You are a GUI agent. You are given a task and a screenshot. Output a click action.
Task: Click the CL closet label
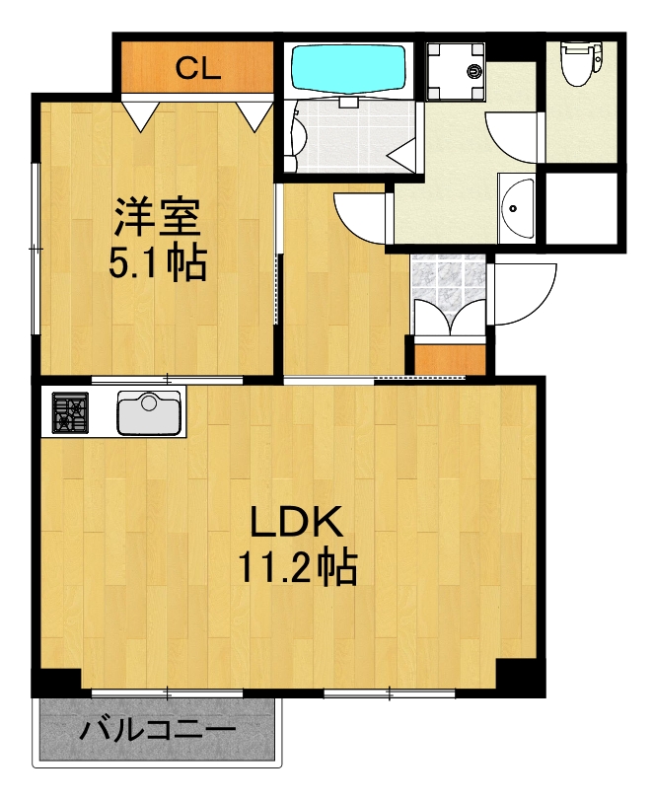click(197, 68)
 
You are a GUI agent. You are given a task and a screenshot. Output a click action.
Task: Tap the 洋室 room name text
click(158, 215)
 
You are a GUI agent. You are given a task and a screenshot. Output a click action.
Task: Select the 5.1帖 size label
click(158, 262)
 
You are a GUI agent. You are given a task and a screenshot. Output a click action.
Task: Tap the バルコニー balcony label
click(158, 731)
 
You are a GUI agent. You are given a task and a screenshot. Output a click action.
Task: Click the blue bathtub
click(350, 68)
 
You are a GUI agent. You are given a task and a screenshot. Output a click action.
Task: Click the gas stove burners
click(70, 412)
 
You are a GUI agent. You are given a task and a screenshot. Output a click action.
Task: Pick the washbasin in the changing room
click(515, 207)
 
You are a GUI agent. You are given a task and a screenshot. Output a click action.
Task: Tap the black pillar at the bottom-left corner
click(56, 682)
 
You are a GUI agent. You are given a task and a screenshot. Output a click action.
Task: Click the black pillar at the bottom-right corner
click(520, 677)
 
